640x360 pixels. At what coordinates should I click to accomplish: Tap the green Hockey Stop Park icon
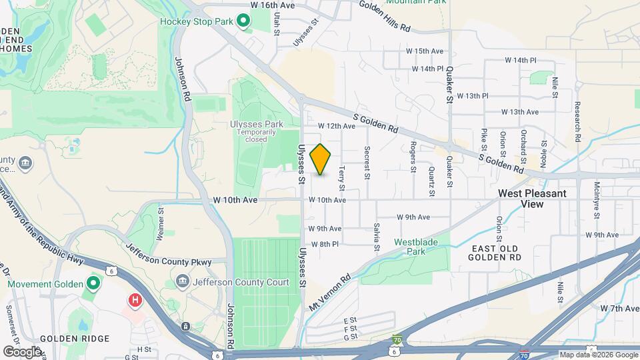coord(244,22)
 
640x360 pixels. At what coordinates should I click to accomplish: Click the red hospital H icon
coord(135,301)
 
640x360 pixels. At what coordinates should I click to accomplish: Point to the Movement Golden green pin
coord(93,285)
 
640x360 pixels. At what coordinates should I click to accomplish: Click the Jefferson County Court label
coord(241,282)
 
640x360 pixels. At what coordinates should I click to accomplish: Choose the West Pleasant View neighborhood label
coord(533,199)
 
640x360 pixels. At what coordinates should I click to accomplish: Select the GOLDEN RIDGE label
coord(74,338)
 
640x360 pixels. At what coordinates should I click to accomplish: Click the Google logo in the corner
coord(22,351)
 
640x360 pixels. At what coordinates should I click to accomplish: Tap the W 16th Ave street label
coord(272,5)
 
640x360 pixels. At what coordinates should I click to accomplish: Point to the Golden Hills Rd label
coord(385,15)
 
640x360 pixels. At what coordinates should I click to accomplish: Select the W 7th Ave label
coord(619,309)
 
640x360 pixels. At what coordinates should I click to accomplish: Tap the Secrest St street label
coord(367,163)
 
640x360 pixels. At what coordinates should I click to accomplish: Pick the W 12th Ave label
coord(337,125)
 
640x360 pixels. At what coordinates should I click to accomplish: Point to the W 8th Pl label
coord(325,244)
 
